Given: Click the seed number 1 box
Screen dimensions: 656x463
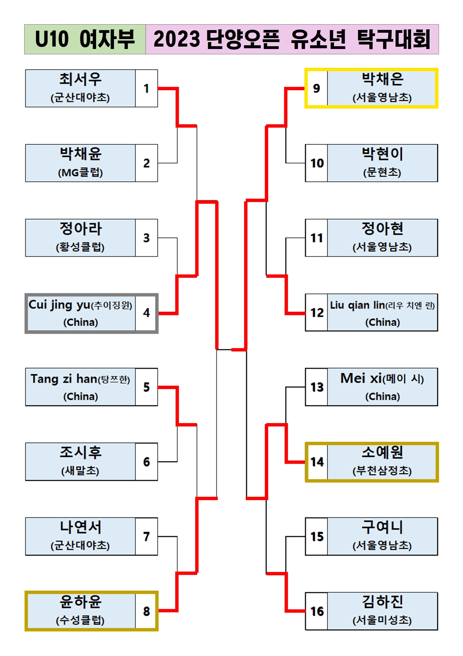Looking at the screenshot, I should point(146,88).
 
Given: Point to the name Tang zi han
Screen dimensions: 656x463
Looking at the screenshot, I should point(64,379).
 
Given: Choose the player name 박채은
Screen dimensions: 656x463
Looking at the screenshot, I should point(382,79).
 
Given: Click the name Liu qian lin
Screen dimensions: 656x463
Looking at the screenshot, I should point(357,305).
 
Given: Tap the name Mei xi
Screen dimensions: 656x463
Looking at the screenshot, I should point(361,378).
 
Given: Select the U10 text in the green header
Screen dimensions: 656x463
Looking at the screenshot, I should point(52,39).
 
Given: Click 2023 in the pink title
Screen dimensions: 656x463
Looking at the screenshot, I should point(177,39).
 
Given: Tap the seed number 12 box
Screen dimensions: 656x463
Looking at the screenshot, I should point(317,312).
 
